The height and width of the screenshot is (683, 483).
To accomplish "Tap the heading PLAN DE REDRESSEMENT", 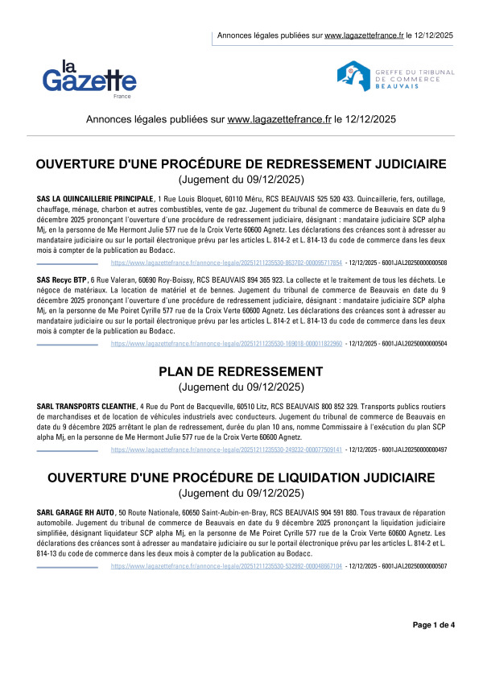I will click(x=241, y=371).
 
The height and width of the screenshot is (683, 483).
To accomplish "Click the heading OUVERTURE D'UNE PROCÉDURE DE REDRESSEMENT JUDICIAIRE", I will click(x=241, y=164).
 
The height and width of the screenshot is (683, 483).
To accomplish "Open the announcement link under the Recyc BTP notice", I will click(x=226, y=343).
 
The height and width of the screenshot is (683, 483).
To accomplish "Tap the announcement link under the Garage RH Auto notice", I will click(x=226, y=566).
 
